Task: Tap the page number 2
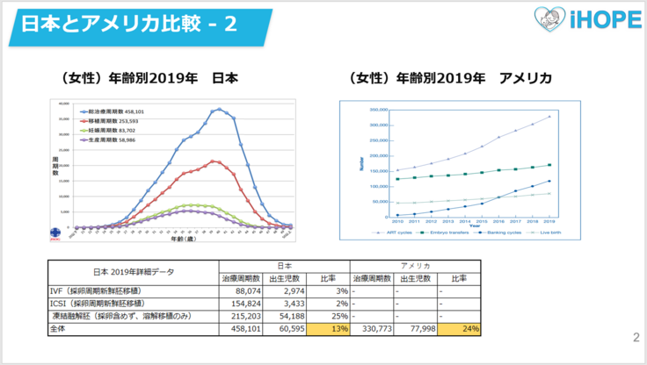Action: pyautogui.click(x=636, y=336)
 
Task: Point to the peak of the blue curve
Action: pyautogui.click(x=218, y=109)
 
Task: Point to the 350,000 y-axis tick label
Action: pyautogui.click(x=378, y=111)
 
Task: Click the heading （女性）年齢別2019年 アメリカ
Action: pyautogui.click(x=450, y=78)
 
